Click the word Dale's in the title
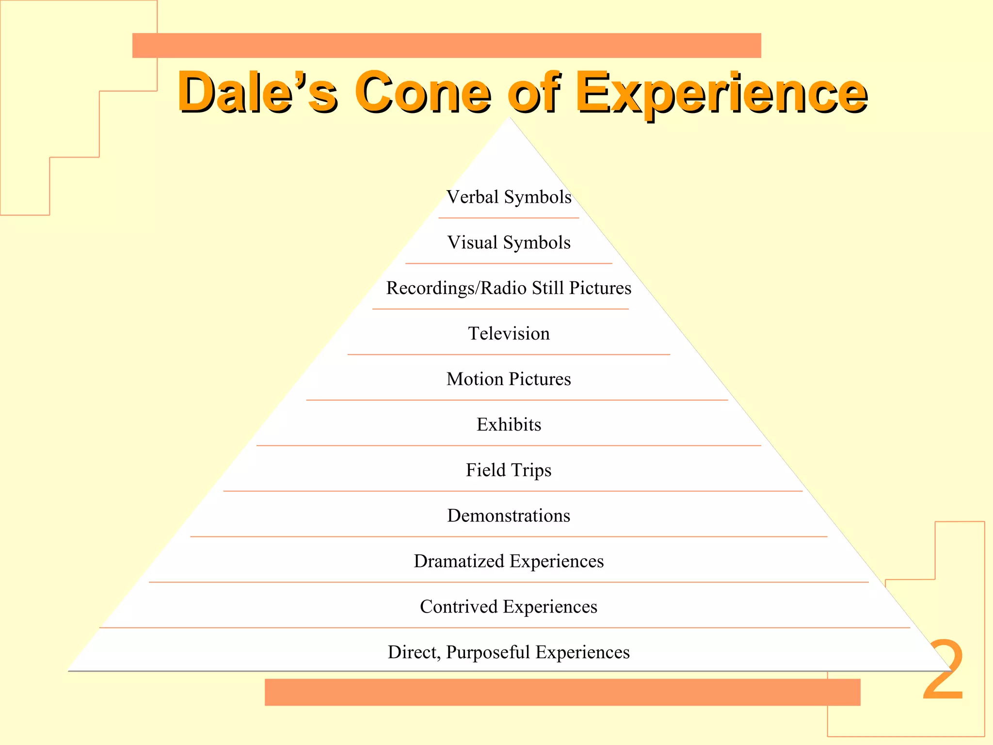click(x=257, y=92)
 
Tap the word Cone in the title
click(x=422, y=92)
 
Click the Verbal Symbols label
click(x=509, y=197)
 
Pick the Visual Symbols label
click(x=509, y=243)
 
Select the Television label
click(x=509, y=334)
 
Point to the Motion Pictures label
click(x=509, y=379)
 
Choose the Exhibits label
click(x=509, y=424)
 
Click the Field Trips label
click(x=509, y=470)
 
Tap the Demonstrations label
click(x=509, y=516)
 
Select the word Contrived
click(x=458, y=607)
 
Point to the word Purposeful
click(x=488, y=653)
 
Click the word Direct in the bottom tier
click(x=414, y=652)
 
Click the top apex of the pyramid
click(x=510, y=119)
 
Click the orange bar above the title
click(x=447, y=46)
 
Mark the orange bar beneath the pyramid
click(x=562, y=692)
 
